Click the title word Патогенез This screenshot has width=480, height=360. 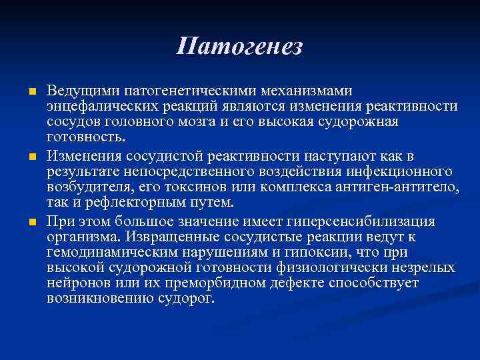240,47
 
